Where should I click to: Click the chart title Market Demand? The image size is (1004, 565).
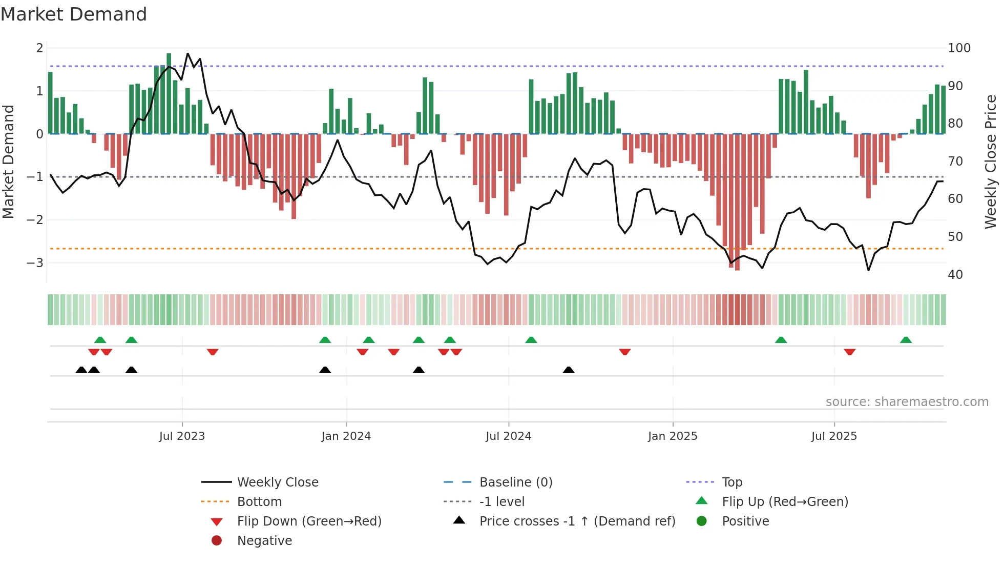pyautogui.click(x=74, y=14)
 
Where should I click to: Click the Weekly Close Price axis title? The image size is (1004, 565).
pyautogui.click(x=991, y=162)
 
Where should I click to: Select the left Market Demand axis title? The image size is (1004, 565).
pyautogui.click(x=8, y=162)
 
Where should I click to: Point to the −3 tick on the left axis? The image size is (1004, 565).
pyautogui.click(x=35, y=263)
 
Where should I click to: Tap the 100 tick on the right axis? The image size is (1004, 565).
pyautogui.click(x=959, y=48)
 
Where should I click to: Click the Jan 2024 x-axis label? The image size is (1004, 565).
pyautogui.click(x=346, y=436)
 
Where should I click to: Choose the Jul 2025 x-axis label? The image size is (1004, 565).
pyautogui.click(x=833, y=436)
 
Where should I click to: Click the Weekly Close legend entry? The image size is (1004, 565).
pyautogui.click(x=277, y=482)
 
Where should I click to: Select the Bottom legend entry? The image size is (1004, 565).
pyautogui.click(x=259, y=502)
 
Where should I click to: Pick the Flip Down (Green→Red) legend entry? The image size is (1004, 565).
pyautogui.click(x=309, y=521)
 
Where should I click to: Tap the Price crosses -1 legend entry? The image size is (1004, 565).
pyautogui.click(x=577, y=521)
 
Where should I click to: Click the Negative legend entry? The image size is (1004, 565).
pyautogui.click(x=264, y=541)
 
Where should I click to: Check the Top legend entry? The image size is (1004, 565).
pyautogui.click(x=731, y=482)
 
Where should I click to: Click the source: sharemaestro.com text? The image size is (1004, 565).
pyautogui.click(x=907, y=402)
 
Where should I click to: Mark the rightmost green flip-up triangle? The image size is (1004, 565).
pyautogui.click(x=906, y=340)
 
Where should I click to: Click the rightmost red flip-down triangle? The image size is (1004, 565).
pyautogui.click(x=849, y=352)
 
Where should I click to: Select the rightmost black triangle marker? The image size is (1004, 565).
pyautogui.click(x=568, y=370)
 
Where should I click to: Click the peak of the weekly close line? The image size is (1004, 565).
pyautogui.click(x=187, y=53)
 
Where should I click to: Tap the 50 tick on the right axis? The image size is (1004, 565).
pyautogui.click(x=955, y=237)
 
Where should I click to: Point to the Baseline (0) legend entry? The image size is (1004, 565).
pyautogui.click(x=515, y=482)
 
